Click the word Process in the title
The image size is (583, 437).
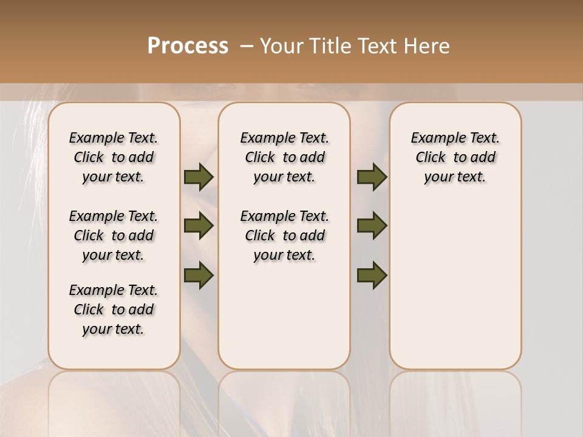[x=188, y=46]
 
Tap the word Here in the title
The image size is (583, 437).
[x=427, y=46]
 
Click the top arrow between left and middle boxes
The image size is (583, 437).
[x=199, y=177]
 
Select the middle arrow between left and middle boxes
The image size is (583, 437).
[x=199, y=226]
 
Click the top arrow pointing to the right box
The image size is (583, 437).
[x=372, y=177]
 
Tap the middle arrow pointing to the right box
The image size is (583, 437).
[x=372, y=226]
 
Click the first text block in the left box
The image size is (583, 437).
[x=114, y=157]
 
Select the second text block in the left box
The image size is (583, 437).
[x=114, y=235]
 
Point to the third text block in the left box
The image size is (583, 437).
[x=114, y=310]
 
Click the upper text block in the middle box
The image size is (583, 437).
[x=284, y=157]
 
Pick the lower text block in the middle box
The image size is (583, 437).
[x=284, y=235]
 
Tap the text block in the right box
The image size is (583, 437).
[x=455, y=157]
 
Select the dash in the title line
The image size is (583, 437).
[x=247, y=46]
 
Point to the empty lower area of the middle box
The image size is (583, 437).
[x=284, y=316]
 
